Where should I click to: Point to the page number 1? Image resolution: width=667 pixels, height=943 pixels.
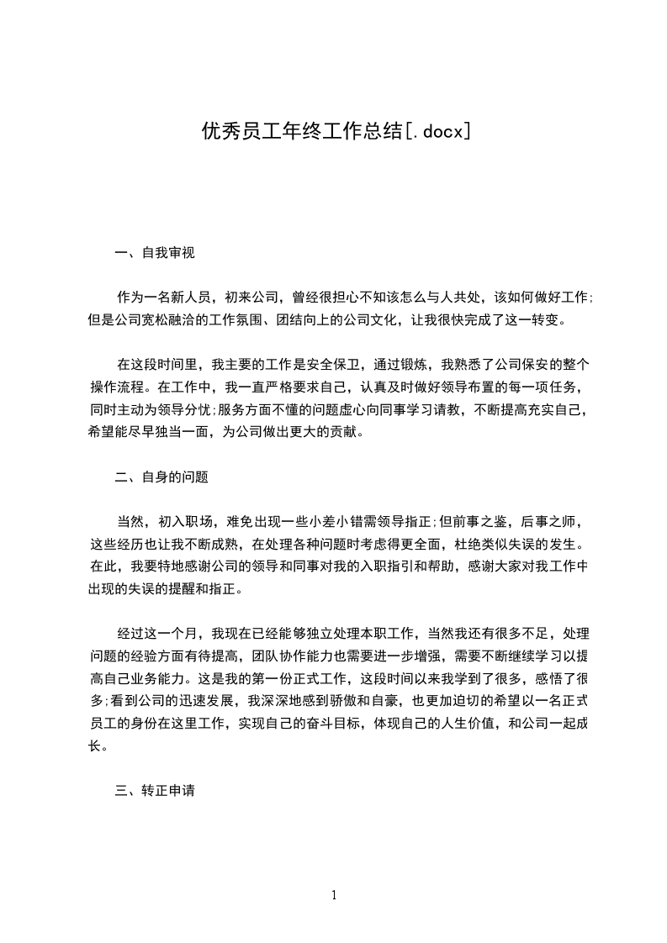coord(334,895)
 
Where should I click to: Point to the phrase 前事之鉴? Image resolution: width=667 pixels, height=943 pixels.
coord(474,522)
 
